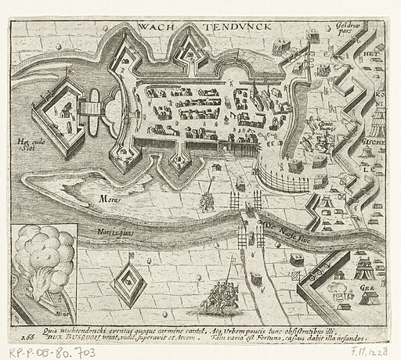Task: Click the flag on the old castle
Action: click(70, 76)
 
